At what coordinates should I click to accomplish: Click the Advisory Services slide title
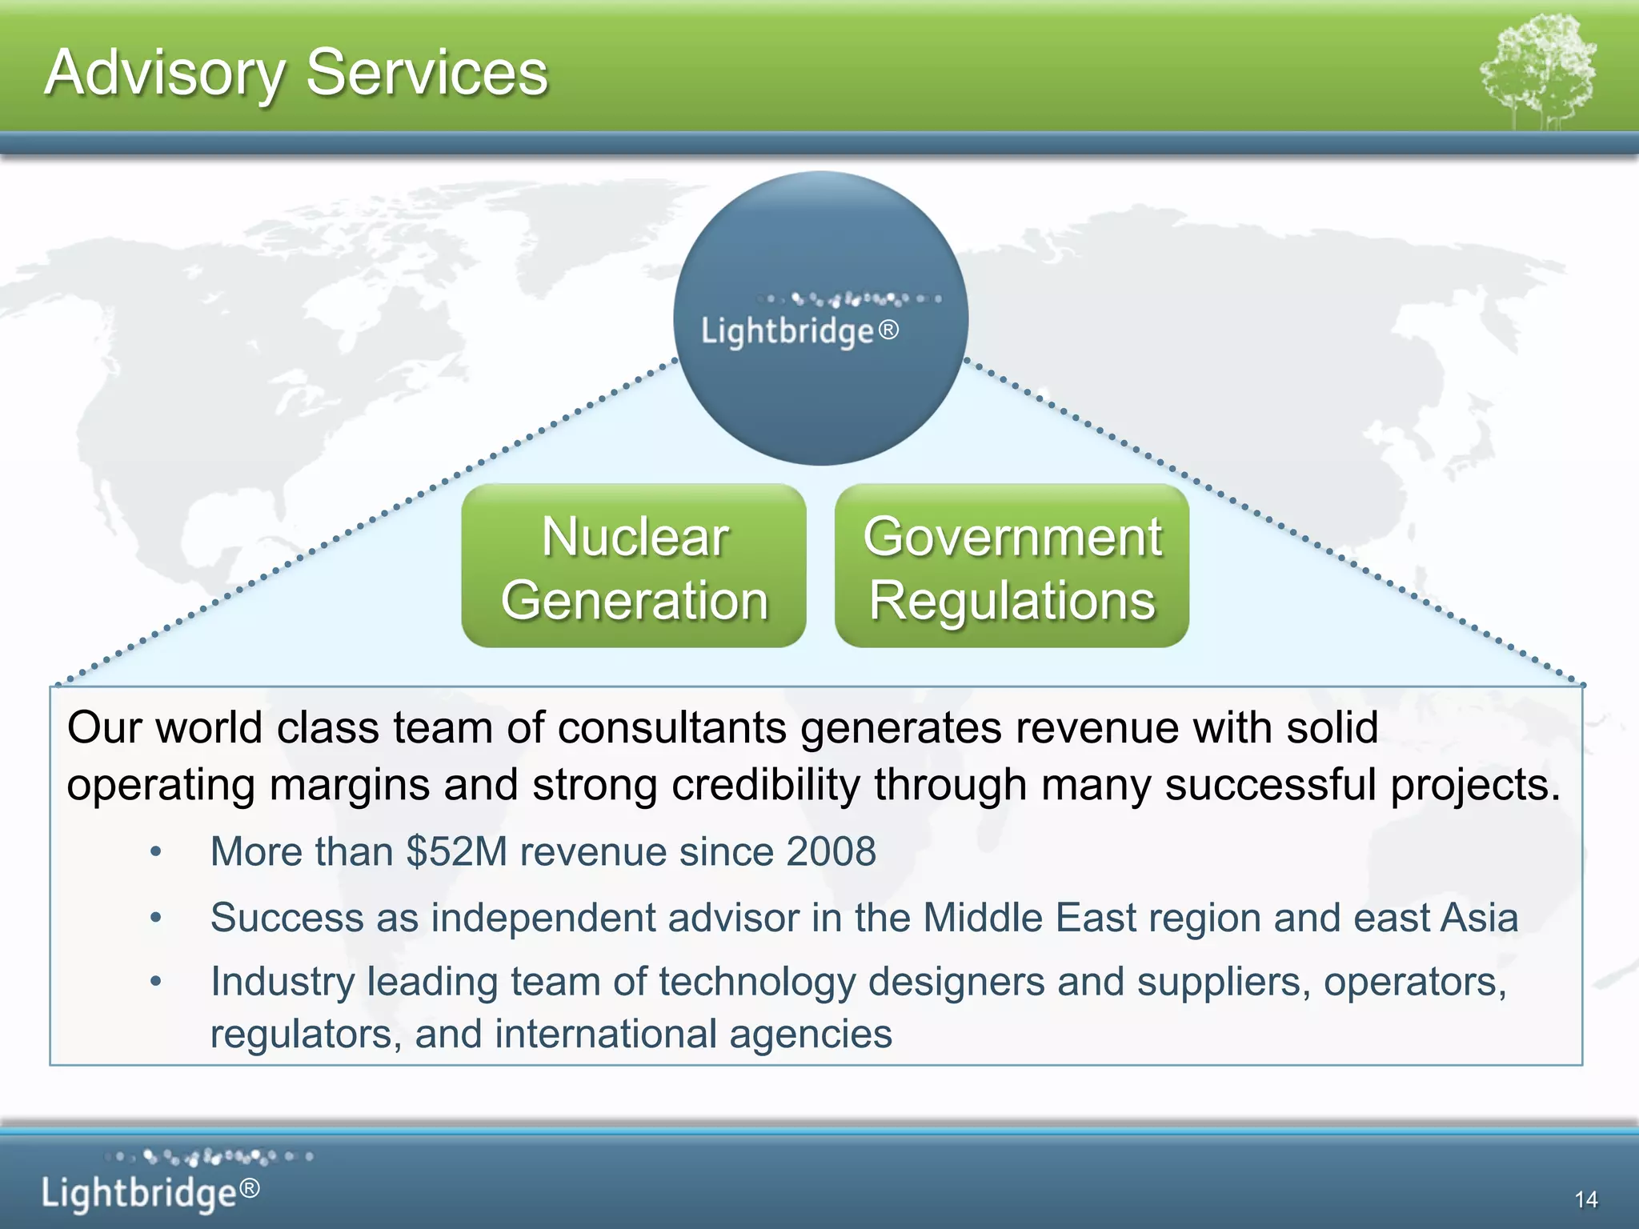(x=296, y=73)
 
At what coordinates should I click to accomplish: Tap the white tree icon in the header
(x=1538, y=72)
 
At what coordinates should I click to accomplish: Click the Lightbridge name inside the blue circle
(x=787, y=331)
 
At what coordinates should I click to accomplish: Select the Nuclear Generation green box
(x=634, y=566)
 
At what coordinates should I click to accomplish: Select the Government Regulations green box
(x=1012, y=566)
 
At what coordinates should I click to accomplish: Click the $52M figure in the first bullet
(x=457, y=851)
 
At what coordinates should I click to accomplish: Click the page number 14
(x=1585, y=1199)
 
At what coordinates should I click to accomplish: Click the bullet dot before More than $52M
(x=156, y=853)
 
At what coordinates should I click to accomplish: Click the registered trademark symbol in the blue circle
(x=888, y=330)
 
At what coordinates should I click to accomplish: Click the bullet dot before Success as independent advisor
(x=156, y=919)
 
